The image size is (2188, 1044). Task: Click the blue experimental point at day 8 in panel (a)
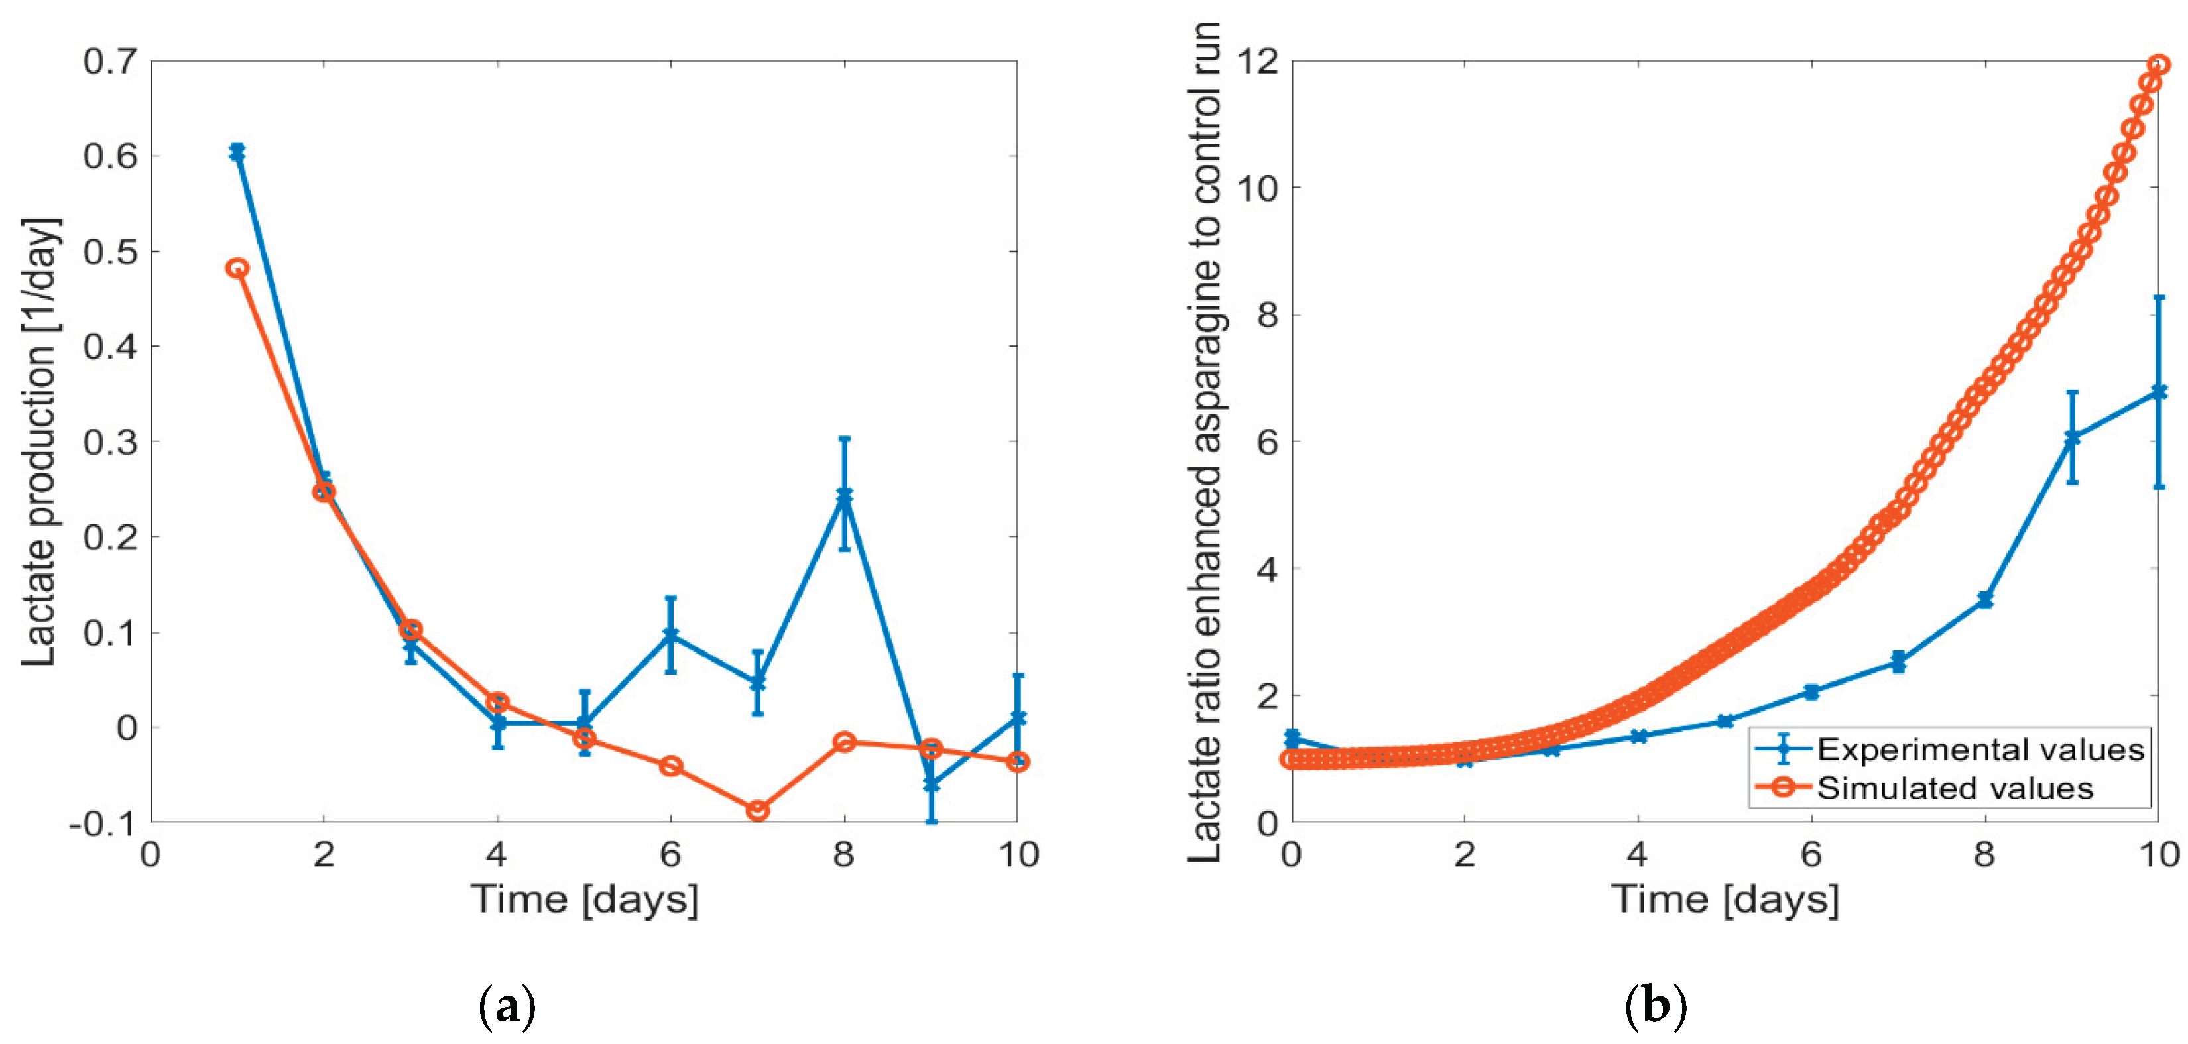[x=843, y=494]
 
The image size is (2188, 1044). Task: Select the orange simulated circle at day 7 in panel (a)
[x=757, y=811]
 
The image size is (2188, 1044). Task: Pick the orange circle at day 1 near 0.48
[x=237, y=268]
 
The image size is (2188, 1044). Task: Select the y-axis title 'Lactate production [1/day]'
[x=38, y=441]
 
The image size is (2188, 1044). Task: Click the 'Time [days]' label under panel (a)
[x=584, y=899]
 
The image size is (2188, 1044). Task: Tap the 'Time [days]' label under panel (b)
[x=1725, y=899]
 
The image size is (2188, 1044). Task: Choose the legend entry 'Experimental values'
[x=1980, y=749]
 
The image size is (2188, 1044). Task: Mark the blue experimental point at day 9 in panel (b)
[x=2071, y=437]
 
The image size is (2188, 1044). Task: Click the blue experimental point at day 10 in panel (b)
[x=2158, y=392]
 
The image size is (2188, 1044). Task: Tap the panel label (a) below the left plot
[x=507, y=1007]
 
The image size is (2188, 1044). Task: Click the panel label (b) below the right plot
[x=1654, y=1007]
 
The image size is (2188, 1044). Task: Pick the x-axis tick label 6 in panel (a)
[x=670, y=854]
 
